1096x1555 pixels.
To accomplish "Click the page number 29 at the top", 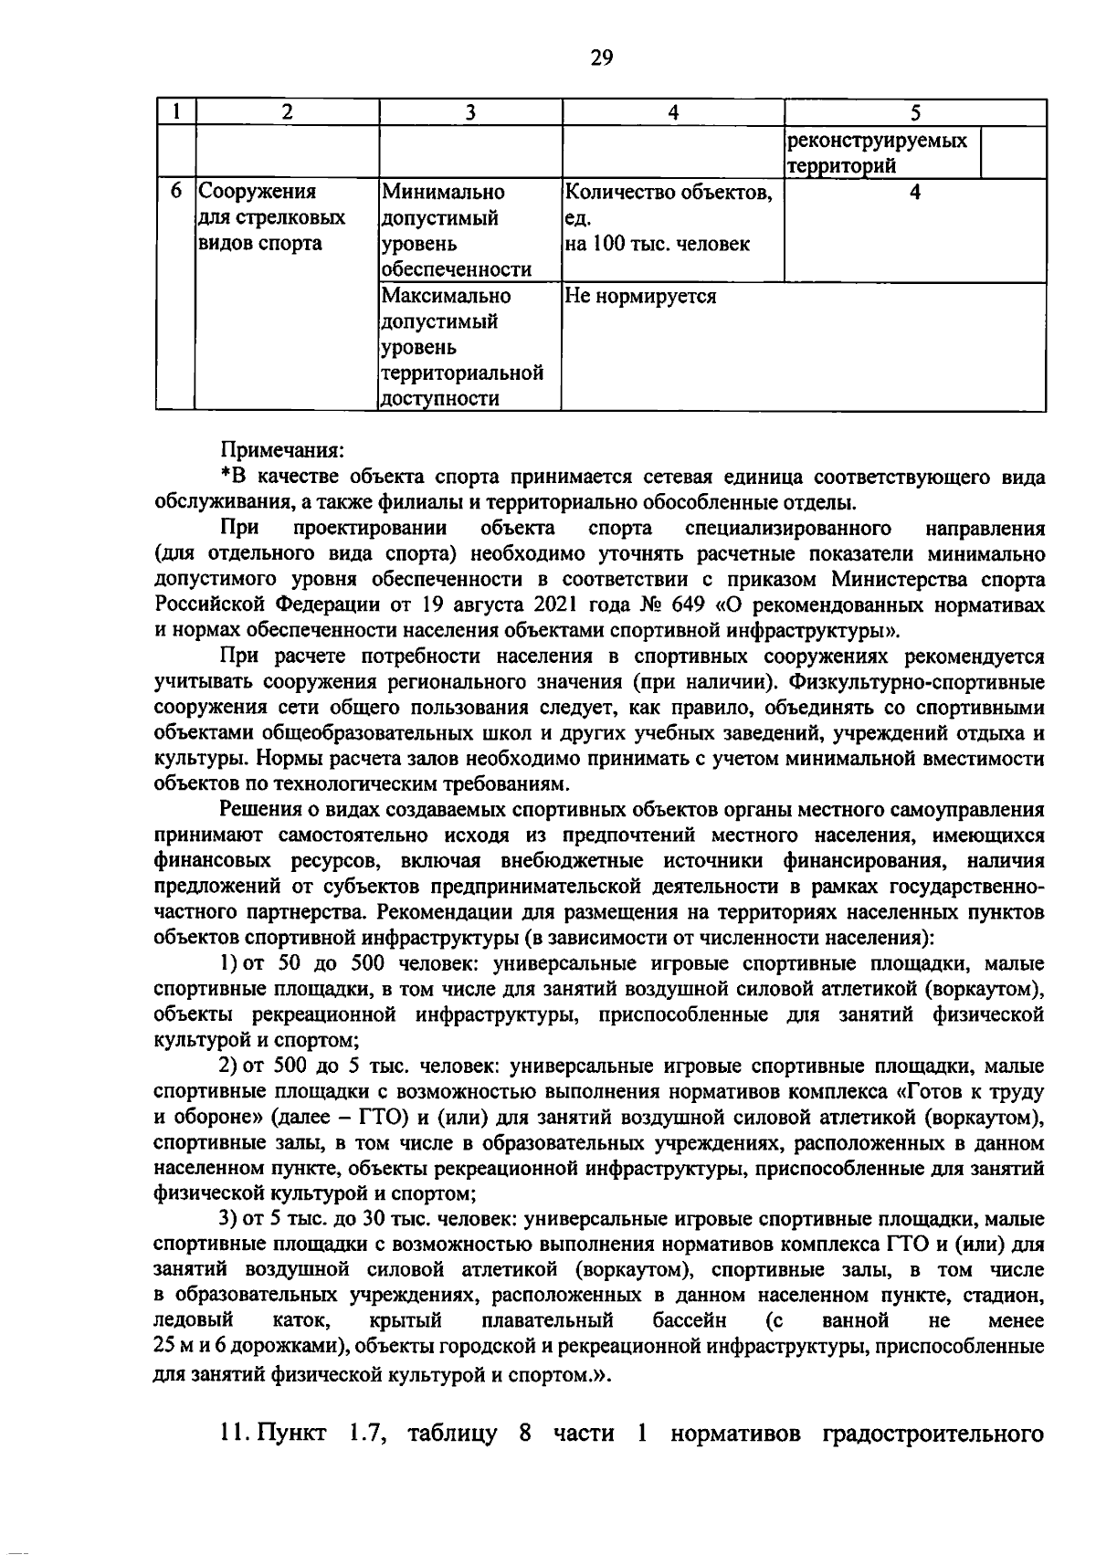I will (601, 58).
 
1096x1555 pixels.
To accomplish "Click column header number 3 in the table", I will (470, 112).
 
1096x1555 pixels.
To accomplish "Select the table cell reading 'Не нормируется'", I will (640, 297).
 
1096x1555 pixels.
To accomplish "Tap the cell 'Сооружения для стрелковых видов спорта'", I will (271, 217).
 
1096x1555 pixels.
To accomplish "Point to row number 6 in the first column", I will (177, 193).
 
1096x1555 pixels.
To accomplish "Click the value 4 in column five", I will (914, 193).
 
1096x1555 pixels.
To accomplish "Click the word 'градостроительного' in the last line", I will (933, 1434).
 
